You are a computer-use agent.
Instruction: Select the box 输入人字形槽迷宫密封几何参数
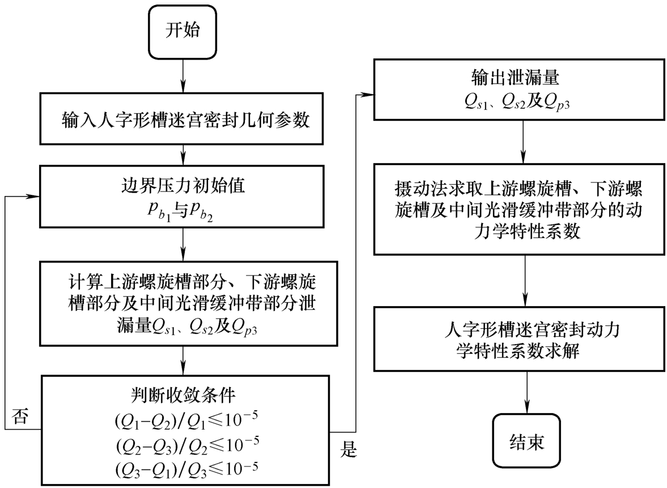pyautogui.click(x=184, y=121)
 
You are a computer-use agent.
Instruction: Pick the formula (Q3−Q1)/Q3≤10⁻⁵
pyautogui.click(x=184, y=469)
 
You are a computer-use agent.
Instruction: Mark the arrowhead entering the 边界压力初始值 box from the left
pyautogui.click(x=35, y=196)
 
